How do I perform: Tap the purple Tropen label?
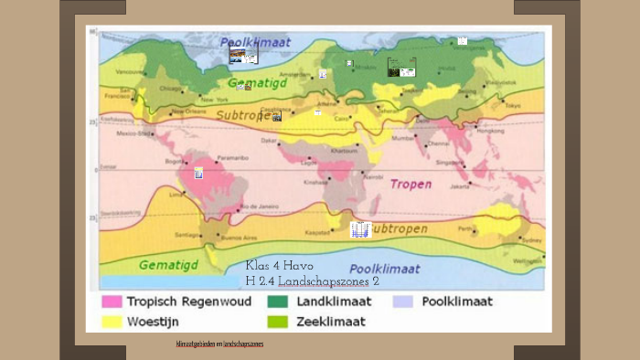click(411, 184)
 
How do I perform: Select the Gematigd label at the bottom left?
click(168, 265)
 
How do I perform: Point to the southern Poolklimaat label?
click(385, 269)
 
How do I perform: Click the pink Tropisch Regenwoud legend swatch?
click(112, 302)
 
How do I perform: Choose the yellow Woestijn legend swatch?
click(112, 322)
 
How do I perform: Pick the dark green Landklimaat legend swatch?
click(277, 302)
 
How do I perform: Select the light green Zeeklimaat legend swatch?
click(277, 322)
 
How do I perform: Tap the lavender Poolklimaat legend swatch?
click(403, 302)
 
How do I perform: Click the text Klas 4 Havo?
click(280, 266)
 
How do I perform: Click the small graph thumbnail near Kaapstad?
click(360, 229)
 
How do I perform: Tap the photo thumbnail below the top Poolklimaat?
click(243, 56)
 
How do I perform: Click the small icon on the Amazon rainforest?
click(198, 173)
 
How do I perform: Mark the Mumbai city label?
click(402, 138)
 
